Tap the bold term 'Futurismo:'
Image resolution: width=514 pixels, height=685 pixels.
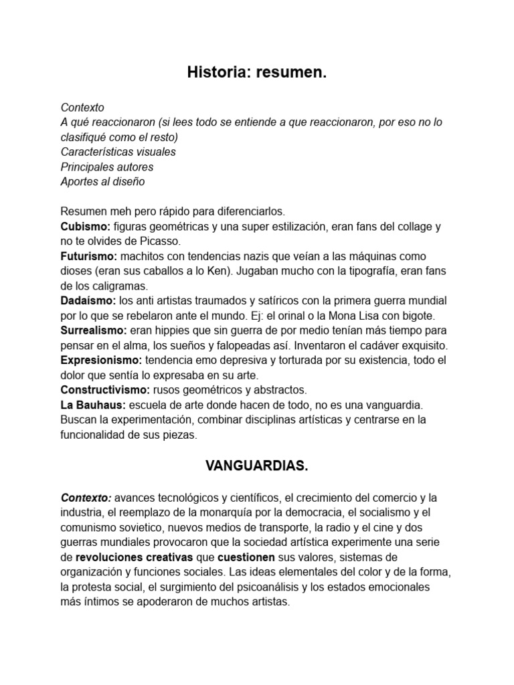pyautogui.click(x=89, y=256)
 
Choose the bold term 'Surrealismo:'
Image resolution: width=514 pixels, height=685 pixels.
pyautogui.click(x=94, y=330)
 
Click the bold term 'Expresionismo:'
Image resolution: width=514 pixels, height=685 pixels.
pyautogui.click(x=101, y=360)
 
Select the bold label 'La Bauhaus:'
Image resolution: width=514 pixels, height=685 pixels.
pyautogui.click(x=89, y=405)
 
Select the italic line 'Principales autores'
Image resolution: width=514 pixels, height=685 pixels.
pyautogui.click(x=106, y=167)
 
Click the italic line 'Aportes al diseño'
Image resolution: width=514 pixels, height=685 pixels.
pyautogui.click(x=102, y=181)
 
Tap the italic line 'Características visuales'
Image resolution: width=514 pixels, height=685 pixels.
pyautogui.click(x=118, y=152)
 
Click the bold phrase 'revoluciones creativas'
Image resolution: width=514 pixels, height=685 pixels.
pyautogui.click(x=135, y=557)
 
